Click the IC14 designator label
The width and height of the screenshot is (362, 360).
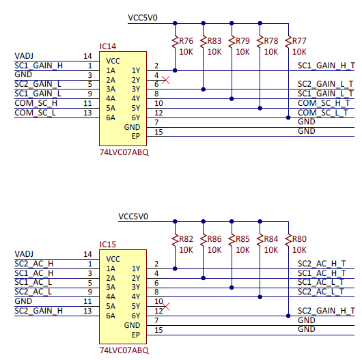point(108,46)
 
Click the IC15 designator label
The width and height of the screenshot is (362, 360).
point(108,245)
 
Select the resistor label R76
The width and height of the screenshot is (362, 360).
point(186,41)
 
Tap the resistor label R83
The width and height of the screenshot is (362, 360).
point(214,41)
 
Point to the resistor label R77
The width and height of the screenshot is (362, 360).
point(299,41)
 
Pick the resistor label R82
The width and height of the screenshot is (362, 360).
point(186,239)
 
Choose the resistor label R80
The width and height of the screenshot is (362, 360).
point(299,239)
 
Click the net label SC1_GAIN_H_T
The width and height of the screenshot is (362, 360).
point(326,66)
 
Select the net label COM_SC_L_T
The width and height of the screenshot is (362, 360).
point(323,113)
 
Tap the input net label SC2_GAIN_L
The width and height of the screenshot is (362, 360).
point(38,84)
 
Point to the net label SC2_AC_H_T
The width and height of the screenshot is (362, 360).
point(322,264)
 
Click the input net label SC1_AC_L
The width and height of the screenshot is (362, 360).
point(33,282)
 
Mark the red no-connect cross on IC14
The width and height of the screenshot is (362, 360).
point(166,80)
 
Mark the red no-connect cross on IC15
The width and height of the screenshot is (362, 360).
point(166,307)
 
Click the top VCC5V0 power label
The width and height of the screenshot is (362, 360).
point(143,18)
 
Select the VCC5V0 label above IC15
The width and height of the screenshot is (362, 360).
point(133,217)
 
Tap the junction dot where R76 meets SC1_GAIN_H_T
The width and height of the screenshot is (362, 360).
point(175,70)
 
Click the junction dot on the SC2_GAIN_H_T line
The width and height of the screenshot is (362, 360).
point(288,316)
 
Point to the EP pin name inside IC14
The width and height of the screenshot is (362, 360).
point(136,136)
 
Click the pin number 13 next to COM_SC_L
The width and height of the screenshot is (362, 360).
point(87,113)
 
